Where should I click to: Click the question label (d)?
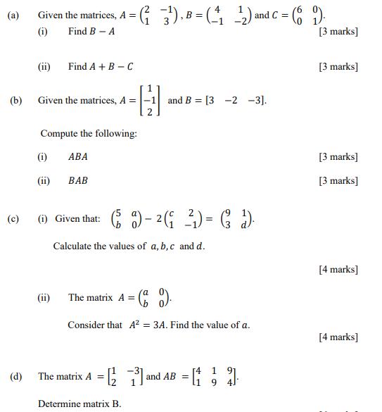[15, 377]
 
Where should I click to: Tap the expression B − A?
[102, 32]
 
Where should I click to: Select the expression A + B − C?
[110, 67]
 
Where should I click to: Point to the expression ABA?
[78, 156]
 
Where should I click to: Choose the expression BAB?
[78, 181]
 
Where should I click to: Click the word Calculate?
[75, 246]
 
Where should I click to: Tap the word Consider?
[86, 325]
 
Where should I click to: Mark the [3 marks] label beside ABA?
[338, 156]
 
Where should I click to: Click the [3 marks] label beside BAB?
[338, 181]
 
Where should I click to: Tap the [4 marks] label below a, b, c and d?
[338, 269]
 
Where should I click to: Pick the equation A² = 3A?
[148, 325]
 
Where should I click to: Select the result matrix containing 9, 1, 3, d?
[237, 218]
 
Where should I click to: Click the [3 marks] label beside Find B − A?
[338, 32]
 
